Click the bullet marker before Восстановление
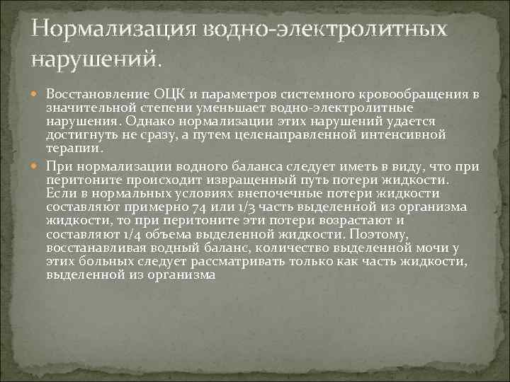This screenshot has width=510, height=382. (37, 95)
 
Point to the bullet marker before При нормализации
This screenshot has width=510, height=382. (37, 166)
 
